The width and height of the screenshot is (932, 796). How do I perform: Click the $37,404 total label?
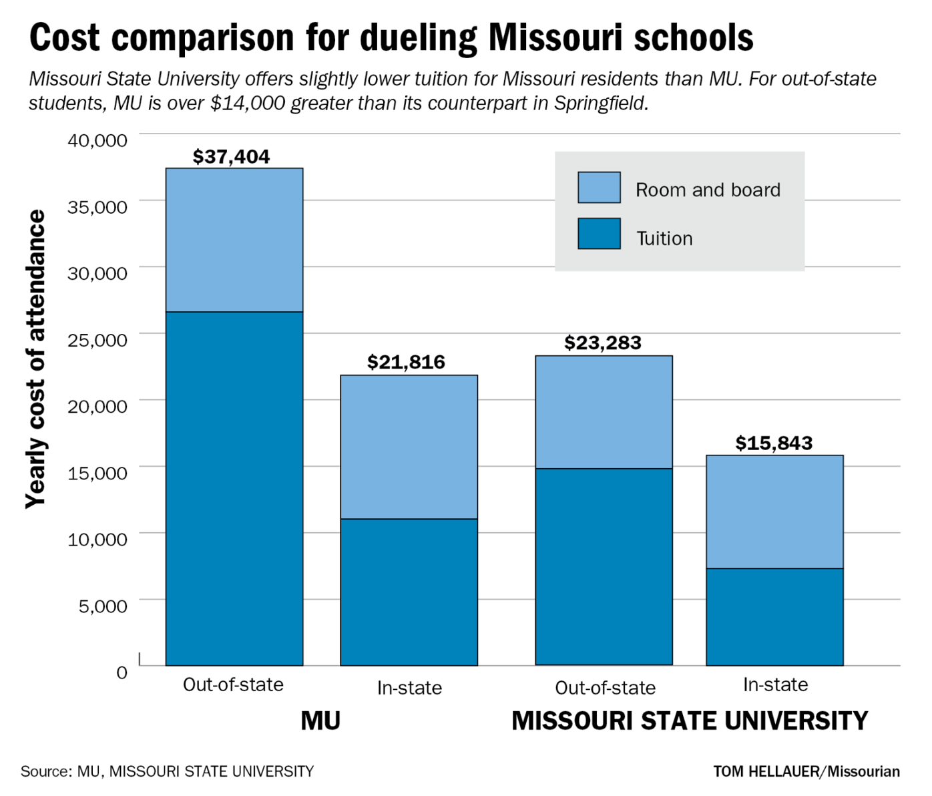click(x=231, y=156)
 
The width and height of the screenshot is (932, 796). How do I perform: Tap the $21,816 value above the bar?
click(x=406, y=362)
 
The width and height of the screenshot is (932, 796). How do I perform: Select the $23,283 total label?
click(x=602, y=343)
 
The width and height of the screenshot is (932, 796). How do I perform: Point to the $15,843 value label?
click(x=774, y=443)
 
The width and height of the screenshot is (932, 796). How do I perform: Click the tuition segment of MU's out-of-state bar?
click(x=234, y=487)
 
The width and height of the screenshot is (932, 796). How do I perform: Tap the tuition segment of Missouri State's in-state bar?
click(x=774, y=616)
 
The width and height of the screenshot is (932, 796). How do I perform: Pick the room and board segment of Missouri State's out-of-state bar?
click(x=604, y=411)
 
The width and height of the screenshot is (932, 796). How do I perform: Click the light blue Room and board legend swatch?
click(x=599, y=188)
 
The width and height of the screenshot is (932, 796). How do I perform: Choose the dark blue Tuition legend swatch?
click(x=599, y=234)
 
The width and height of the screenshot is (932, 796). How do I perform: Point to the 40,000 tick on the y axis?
click(x=97, y=140)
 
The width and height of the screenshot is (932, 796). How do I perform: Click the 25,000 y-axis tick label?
click(x=97, y=340)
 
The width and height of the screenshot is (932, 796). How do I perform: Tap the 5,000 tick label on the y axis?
click(x=103, y=606)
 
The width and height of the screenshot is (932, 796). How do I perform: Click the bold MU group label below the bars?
click(x=320, y=721)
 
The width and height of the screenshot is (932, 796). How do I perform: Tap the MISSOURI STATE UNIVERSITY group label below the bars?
click(x=689, y=721)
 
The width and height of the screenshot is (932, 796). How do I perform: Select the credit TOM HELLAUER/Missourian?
click(x=806, y=772)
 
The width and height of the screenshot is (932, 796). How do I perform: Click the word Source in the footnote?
click(x=44, y=772)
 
